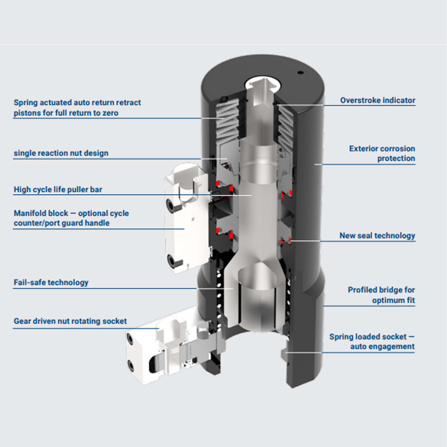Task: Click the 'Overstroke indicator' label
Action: coord(377,100)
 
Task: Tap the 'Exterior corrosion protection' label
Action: coord(382,153)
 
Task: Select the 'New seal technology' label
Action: coord(377,235)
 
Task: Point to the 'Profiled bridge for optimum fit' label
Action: coord(381,295)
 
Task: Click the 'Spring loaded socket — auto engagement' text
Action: coord(371,342)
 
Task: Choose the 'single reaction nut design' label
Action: coord(61,153)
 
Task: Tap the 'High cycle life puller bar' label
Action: coord(58,190)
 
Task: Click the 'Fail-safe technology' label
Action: coord(51,282)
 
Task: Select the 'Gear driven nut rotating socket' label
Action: coord(70,321)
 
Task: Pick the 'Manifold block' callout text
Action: coord(71,218)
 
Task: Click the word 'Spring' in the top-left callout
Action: coord(25,102)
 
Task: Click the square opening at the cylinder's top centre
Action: coord(262,85)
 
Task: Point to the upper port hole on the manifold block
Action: coord(170,204)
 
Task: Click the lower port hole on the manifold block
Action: coord(172,261)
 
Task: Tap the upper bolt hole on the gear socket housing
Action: coord(130,339)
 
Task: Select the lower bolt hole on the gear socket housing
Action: coord(131,364)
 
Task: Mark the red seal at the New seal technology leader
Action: coord(288,241)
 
